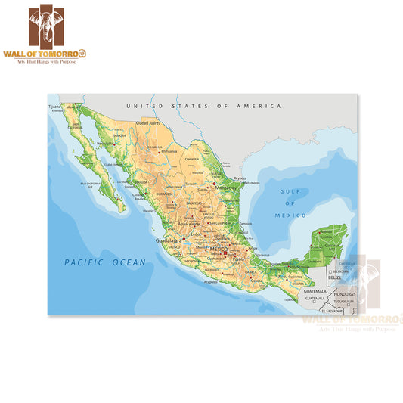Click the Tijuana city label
pos(54,107)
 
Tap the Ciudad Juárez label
pos(148,122)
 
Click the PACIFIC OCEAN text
pos(104,262)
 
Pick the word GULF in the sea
pos(290,192)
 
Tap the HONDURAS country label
pos(345,293)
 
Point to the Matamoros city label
pos(251,182)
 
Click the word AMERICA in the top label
pos(258,107)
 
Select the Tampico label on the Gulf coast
pos(246,224)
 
